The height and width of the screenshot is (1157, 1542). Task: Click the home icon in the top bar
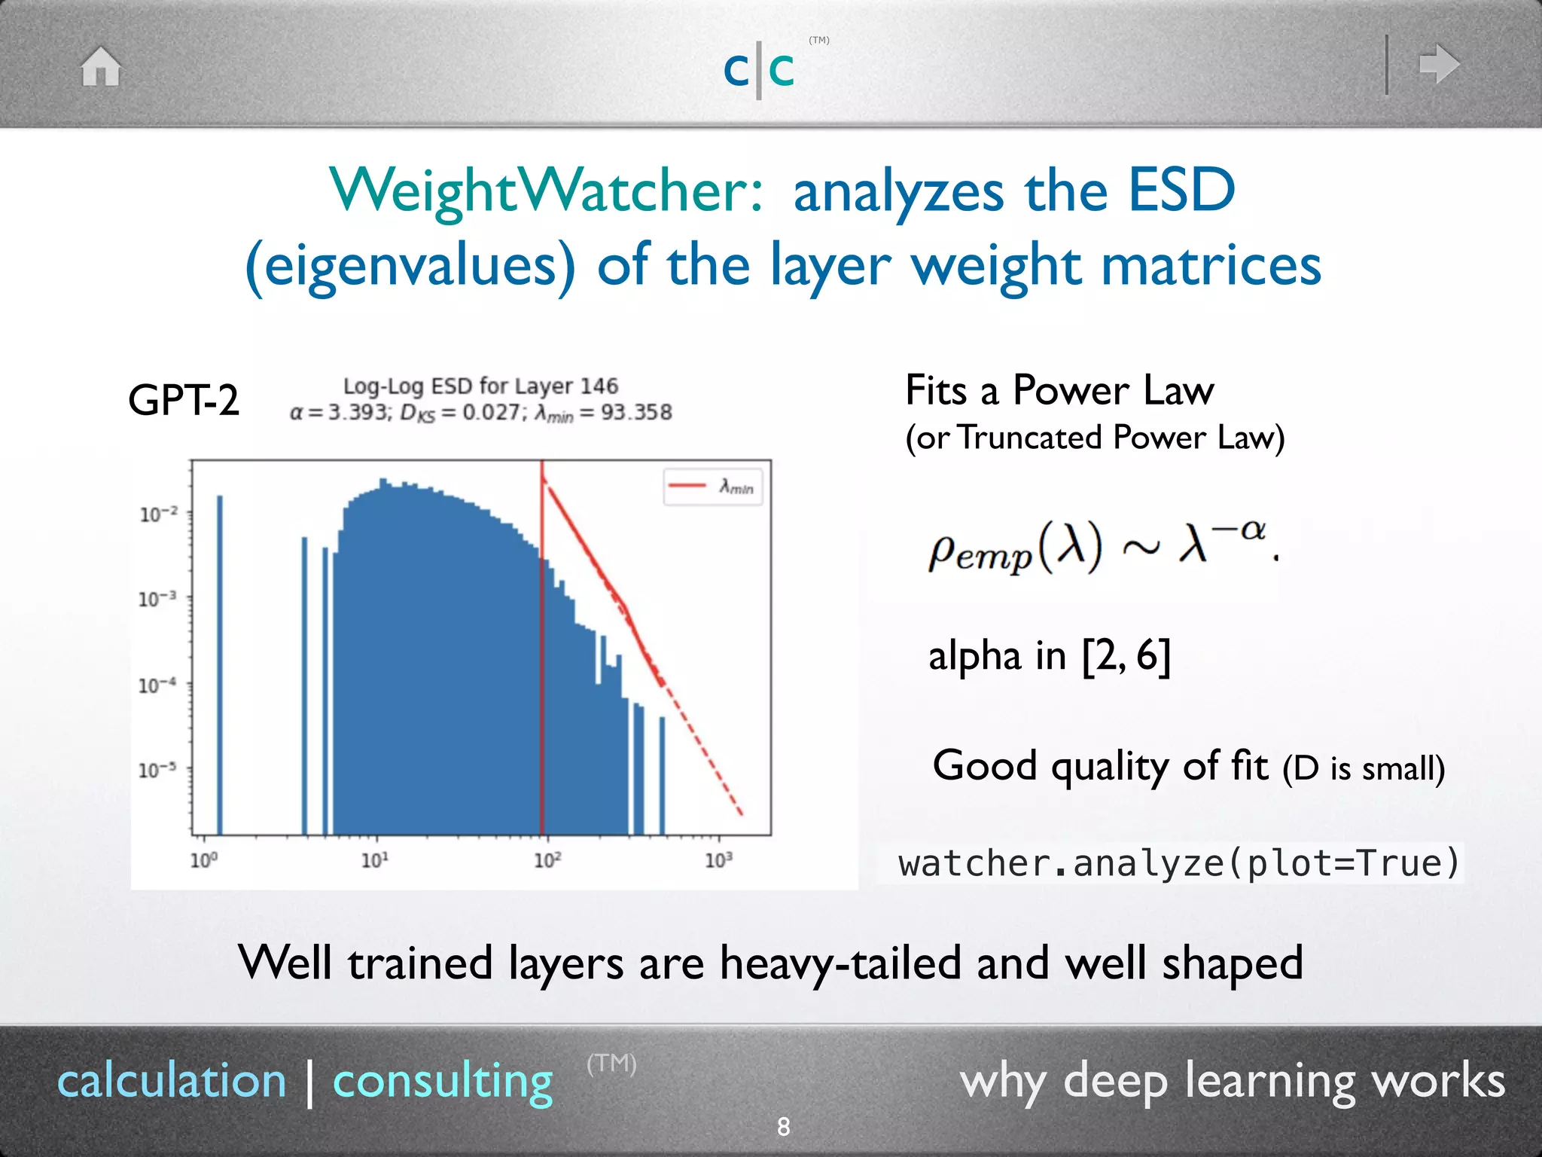click(101, 66)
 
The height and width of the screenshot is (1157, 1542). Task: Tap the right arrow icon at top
click(1438, 64)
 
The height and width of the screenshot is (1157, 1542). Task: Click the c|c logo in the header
click(759, 69)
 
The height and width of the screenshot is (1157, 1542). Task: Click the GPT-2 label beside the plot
click(183, 400)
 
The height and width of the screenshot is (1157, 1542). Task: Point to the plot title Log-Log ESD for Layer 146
click(480, 386)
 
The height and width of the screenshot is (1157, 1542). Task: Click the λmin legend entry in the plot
click(712, 487)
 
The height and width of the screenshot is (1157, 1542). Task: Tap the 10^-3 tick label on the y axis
click(157, 600)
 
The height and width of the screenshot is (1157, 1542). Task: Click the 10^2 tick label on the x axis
click(547, 860)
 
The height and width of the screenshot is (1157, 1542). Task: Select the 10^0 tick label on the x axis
click(203, 860)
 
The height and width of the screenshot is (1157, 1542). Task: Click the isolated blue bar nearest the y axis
click(220, 663)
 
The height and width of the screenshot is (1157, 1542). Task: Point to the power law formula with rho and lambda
click(1102, 546)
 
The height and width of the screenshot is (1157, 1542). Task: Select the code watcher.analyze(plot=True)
click(1178, 863)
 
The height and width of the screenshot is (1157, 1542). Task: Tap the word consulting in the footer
click(443, 1081)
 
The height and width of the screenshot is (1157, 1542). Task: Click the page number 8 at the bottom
click(783, 1127)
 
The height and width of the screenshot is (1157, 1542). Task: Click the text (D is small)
click(1364, 768)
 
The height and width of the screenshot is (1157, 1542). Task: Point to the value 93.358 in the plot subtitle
click(636, 413)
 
